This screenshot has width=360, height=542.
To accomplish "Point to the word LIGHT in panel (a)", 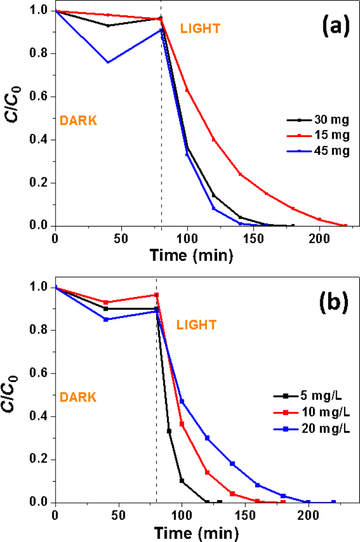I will pos(201,29).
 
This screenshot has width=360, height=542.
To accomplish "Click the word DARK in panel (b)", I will pos(78,396).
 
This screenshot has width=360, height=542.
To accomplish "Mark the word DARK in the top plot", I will pos(78,120).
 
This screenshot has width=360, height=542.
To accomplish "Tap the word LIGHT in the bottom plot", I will pos(197,324).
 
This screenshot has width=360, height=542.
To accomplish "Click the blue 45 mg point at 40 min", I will pos(108,62).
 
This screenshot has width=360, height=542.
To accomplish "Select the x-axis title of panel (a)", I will pos(192,256).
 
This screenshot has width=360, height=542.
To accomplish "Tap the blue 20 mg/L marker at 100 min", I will pos(182,401).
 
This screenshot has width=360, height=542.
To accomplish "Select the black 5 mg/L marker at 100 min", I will pos(182,481).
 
